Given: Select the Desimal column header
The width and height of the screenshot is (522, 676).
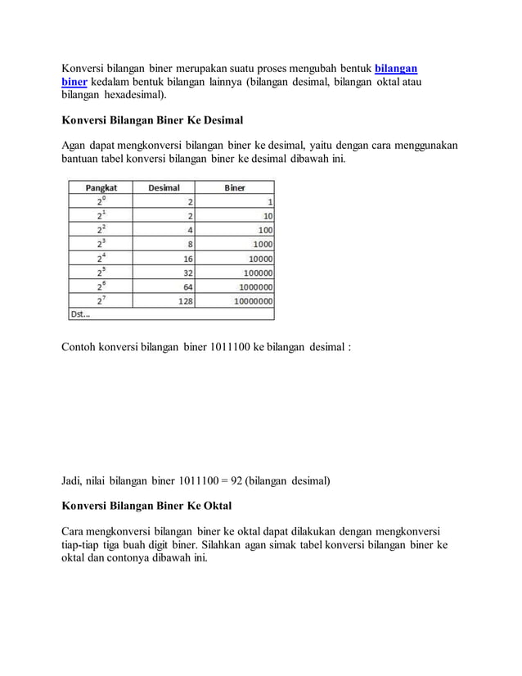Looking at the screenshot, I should tap(164, 187).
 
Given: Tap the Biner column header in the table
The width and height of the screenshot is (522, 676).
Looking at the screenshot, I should tap(235, 187).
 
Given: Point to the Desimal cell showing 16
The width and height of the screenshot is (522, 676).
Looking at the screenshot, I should tap(187, 258).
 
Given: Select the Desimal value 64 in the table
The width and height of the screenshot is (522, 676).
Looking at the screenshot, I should tap(187, 286).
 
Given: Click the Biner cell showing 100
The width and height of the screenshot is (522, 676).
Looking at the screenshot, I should tap(265, 230).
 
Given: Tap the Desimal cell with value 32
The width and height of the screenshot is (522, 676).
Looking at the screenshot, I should tap(187, 273).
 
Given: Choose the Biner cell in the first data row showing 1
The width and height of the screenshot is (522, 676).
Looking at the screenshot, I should tap(270, 201).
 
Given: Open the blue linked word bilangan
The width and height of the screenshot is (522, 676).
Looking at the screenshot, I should tap(396, 68).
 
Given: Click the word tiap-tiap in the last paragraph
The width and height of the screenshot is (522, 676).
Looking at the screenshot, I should tap(81, 544).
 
